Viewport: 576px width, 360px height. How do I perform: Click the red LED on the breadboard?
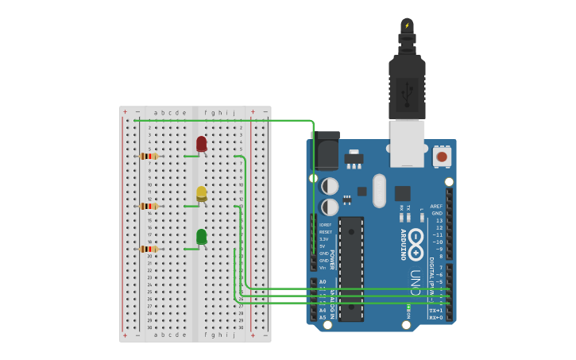(201, 144)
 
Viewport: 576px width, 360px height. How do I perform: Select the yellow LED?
(201, 193)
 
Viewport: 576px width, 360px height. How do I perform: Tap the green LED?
(201, 237)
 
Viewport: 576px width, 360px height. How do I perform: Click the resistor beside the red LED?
(149, 156)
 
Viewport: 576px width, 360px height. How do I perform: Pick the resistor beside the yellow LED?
(149, 206)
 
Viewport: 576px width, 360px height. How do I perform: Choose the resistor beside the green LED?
(149, 249)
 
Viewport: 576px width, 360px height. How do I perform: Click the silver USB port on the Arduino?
(407, 142)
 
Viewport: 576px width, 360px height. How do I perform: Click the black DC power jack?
(327, 152)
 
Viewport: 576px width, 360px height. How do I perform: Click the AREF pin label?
(436, 206)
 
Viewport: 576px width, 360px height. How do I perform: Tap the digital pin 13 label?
(439, 220)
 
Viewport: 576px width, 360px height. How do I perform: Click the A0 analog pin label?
(323, 281)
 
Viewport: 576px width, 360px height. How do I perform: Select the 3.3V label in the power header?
(324, 238)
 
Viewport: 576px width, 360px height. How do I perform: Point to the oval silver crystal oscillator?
(379, 191)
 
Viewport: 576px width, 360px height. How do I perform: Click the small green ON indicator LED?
(408, 307)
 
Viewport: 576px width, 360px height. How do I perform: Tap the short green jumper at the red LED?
(191, 156)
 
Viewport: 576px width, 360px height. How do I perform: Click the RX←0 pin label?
(436, 317)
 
